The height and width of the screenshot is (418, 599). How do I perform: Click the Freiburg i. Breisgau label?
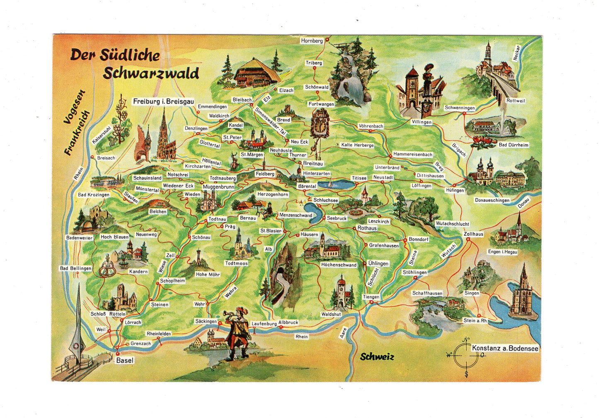click(163, 101)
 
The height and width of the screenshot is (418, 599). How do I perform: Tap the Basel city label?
click(124, 360)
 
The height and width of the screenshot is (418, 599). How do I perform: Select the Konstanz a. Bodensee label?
click(505, 348)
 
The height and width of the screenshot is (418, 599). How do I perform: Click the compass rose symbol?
click(466, 355)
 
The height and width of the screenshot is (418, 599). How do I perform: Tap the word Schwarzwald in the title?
click(151, 73)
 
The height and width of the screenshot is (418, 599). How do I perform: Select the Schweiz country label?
click(376, 357)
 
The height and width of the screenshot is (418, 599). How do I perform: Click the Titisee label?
click(359, 178)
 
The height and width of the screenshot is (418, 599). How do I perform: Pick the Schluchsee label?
click(325, 200)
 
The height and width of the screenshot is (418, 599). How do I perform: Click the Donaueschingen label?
click(492, 200)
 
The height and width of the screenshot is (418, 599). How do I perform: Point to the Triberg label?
click(314, 63)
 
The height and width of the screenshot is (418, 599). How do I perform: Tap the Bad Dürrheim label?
click(513, 145)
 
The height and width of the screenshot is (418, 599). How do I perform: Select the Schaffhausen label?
click(427, 293)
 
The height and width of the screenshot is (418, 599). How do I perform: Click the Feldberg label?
click(265, 174)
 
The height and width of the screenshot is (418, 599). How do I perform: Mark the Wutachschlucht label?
click(452, 224)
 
